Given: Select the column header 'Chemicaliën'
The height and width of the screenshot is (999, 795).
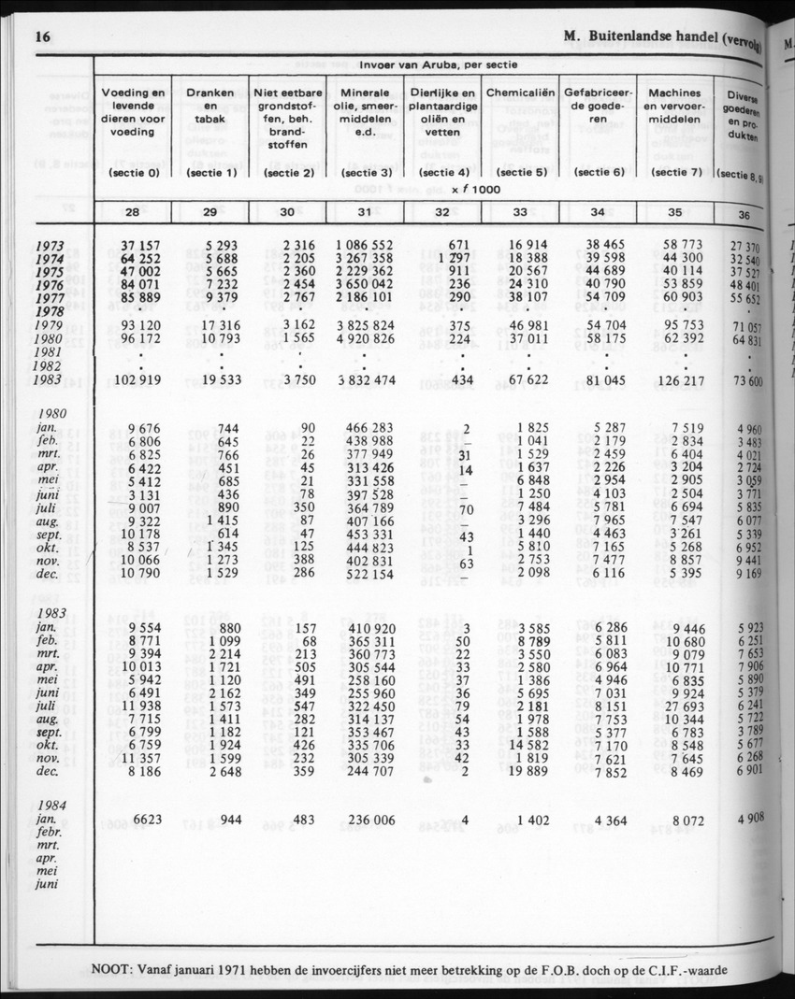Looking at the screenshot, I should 521,94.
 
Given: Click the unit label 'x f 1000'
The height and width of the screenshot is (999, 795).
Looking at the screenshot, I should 474,190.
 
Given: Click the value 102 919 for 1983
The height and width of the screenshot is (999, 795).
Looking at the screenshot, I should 137,380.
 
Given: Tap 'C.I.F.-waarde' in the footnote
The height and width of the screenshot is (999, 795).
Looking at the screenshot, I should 682,968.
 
